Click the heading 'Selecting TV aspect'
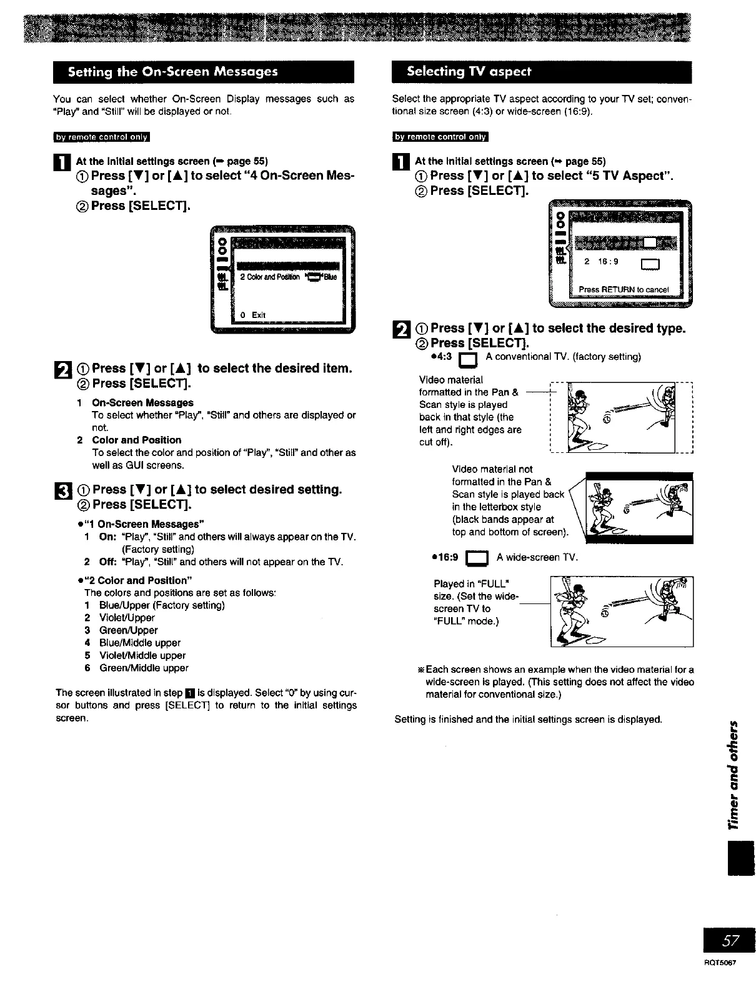(469, 71)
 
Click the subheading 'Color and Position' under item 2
(136, 440)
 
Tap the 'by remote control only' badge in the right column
(440, 137)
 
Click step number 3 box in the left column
(62, 490)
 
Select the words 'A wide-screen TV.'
(537, 557)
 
